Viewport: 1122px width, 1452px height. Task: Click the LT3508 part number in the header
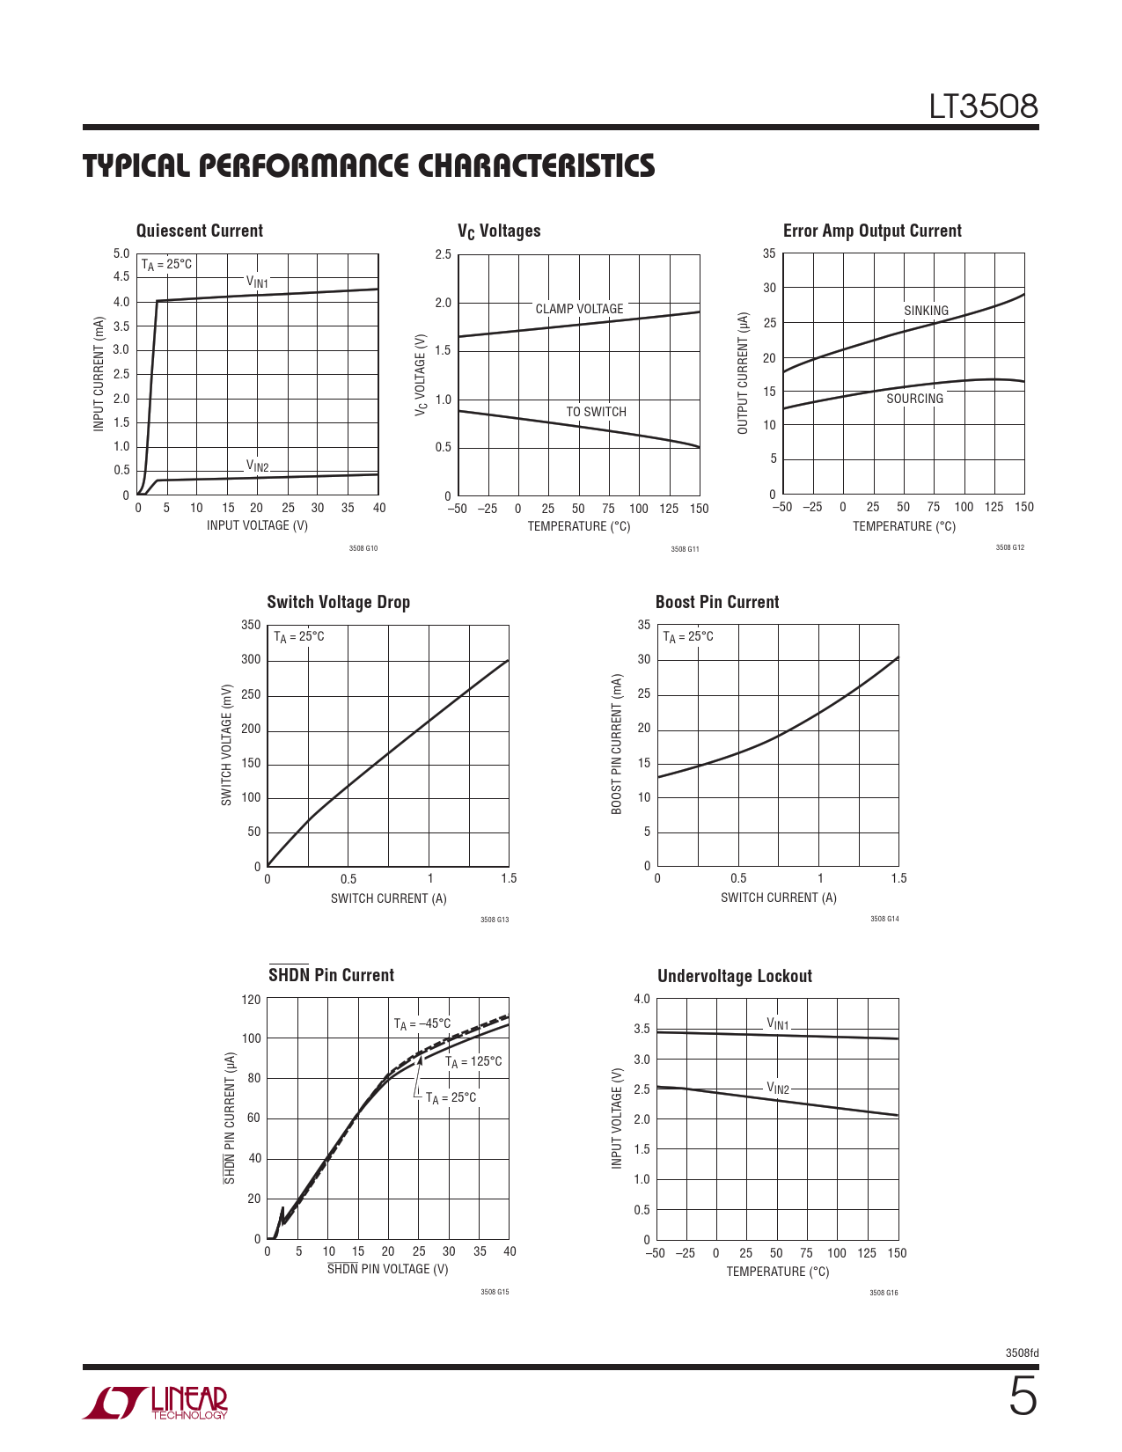tap(984, 107)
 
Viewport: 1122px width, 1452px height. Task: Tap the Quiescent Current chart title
tap(200, 231)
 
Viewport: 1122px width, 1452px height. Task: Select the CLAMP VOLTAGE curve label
tap(579, 309)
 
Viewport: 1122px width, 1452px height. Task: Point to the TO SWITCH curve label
tap(596, 412)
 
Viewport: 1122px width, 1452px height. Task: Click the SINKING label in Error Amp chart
tap(926, 311)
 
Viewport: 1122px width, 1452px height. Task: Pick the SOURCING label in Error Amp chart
tap(914, 399)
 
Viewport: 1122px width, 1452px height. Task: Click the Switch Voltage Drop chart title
tap(339, 602)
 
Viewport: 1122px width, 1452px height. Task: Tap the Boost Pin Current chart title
tap(717, 602)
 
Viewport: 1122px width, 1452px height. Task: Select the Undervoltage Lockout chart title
tap(735, 976)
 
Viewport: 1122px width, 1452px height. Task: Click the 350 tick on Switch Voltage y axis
tap(251, 625)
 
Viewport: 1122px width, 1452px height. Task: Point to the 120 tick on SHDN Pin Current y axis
tap(251, 1000)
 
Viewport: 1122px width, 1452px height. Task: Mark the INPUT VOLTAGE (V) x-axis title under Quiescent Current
tap(257, 525)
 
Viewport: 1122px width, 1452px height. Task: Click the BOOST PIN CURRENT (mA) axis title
tap(617, 744)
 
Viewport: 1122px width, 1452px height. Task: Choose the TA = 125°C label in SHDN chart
tap(473, 1062)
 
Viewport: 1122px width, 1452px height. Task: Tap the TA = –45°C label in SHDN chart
tap(422, 1023)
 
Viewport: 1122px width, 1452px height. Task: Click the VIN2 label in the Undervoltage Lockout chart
tap(778, 1089)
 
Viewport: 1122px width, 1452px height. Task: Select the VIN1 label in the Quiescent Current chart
tap(257, 282)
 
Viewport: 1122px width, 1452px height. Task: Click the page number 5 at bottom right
tap(1023, 1397)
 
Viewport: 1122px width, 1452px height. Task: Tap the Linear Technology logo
tap(156, 1403)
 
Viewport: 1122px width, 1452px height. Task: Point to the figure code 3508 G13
tap(495, 920)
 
